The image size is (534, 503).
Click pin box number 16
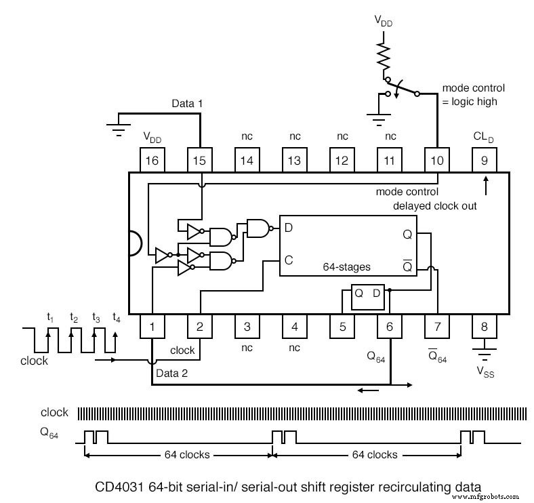[152, 160]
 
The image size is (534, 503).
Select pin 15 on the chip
[200, 160]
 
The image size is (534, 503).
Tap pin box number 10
[437, 160]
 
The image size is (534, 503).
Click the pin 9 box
[485, 160]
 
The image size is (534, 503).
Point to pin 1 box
[152, 326]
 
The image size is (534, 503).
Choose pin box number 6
[390, 326]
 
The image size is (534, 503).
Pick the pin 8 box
[485, 326]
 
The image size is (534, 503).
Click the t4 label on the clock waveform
[117, 317]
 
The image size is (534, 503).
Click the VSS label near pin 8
[484, 372]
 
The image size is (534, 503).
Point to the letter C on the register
[289, 259]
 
